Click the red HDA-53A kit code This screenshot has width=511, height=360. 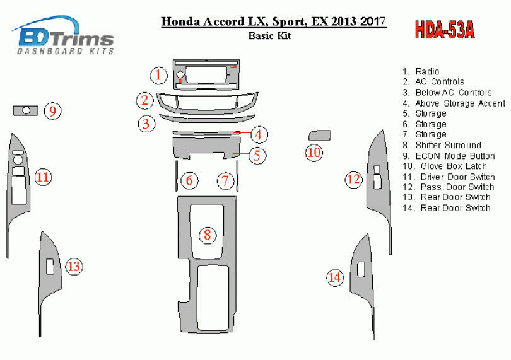pos(445,30)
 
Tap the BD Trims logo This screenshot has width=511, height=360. pos(64,36)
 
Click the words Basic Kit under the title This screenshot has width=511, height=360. pos(270,35)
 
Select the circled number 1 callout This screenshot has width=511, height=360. pos(158,75)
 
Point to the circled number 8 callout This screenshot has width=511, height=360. pos(208,235)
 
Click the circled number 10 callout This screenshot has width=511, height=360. pos(314,153)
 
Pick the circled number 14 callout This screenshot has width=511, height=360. pos(335,277)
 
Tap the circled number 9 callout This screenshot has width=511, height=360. pos(53,111)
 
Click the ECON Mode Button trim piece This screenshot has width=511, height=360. pos(25,110)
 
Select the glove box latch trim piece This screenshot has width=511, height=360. pos(320,136)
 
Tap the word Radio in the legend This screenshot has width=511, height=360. pos(427,71)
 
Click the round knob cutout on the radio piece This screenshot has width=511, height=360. pos(180,74)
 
